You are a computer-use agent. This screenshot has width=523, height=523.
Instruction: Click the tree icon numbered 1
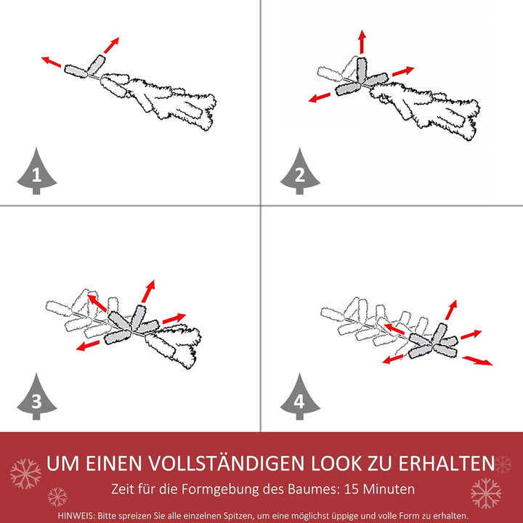pyautogui.click(x=36, y=172)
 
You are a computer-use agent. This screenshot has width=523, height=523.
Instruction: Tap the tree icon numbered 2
pyautogui.click(x=300, y=172)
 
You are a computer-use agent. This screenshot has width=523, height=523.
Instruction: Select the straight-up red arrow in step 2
pyautogui.click(x=362, y=42)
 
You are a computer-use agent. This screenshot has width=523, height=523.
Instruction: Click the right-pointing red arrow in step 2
pyautogui.click(x=402, y=72)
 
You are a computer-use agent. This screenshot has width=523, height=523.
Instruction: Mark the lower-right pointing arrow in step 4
pyautogui.click(x=477, y=360)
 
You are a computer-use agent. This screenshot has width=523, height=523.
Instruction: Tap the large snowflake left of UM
pyautogui.click(x=25, y=474)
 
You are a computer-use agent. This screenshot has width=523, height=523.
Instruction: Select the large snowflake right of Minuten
pyautogui.click(x=485, y=493)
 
